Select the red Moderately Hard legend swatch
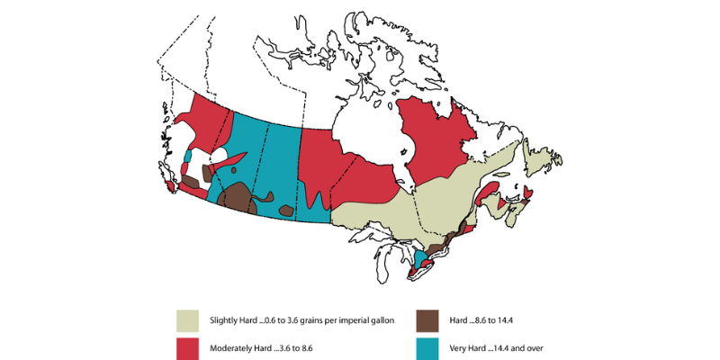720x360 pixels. [x=186, y=347]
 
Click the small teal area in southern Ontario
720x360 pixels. [x=418, y=260]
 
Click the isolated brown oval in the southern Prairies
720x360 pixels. [x=286, y=211]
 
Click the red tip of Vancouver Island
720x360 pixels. [x=171, y=187]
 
